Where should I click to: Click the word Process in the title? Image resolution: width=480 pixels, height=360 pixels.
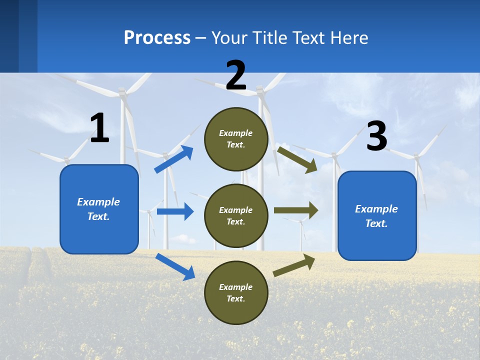click(x=157, y=37)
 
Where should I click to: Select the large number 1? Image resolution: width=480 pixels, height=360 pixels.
click(x=99, y=128)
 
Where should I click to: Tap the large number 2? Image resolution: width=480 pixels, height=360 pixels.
click(x=236, y=75)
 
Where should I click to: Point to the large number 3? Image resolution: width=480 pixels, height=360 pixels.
click(x=376, y=136)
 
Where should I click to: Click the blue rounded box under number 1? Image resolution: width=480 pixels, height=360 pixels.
click(x=99, y=209)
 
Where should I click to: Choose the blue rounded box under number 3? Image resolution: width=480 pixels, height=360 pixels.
click(x=377, y=216)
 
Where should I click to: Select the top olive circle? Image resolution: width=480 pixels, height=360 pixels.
click(x=236, y=138)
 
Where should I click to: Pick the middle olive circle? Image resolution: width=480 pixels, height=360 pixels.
click(x=236, y=215)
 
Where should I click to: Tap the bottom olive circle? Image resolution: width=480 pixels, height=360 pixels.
click(x=236, y=292)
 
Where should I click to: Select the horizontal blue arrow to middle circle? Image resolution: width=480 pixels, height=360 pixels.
click(x=175, y=211)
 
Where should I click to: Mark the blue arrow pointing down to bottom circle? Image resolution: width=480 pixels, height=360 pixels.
click(x=175, y=266)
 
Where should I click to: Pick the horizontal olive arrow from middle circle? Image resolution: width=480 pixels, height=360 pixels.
click(x=296, y=210)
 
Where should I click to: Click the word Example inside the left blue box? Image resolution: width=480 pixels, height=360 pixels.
click(x=98, y=202)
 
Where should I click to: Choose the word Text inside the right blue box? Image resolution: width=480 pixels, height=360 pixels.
click(x=376, y=223)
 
